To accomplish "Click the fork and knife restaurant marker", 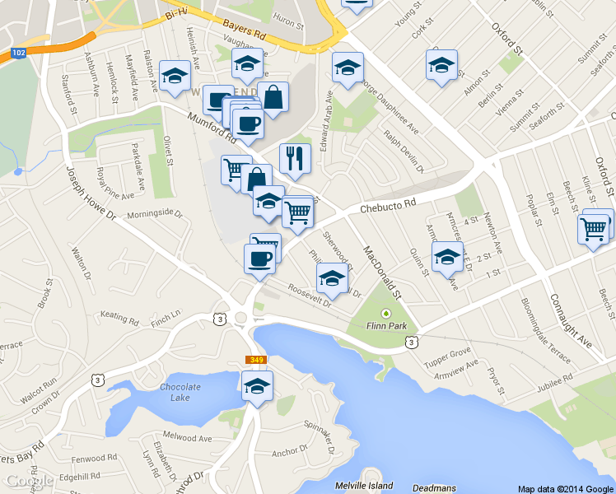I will click(x=295, y=157).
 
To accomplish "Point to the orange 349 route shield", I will click(x=255, y=360).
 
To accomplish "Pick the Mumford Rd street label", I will click(x=206, y=127).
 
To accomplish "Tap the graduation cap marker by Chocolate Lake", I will click(x=257, y=384).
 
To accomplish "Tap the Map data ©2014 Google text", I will click(x=566, y=488).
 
